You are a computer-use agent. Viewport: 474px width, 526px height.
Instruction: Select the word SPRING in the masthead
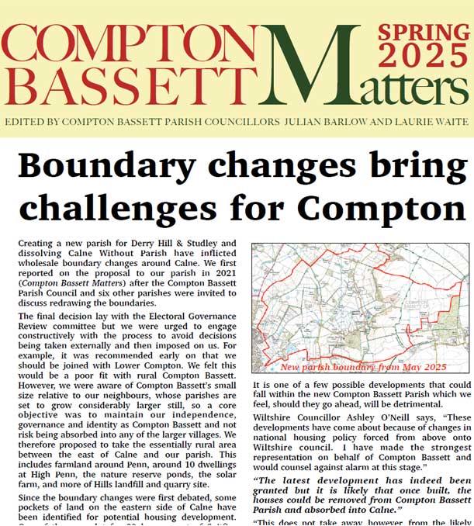[x=424, y=32]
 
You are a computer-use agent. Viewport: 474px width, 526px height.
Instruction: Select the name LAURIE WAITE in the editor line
[x=428, y=122]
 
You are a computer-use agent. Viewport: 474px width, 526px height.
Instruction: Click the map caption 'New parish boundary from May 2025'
[x=364, y=366]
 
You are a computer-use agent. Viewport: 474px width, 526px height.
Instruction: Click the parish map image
[x=360, y=303]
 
